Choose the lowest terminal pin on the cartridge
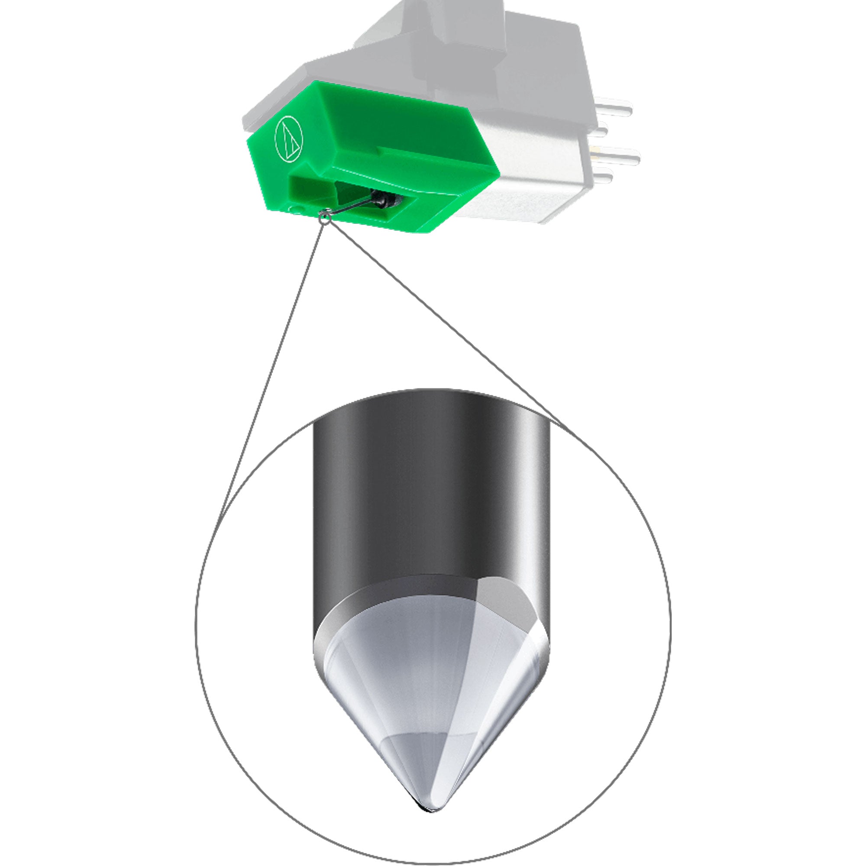coord(603,177)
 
